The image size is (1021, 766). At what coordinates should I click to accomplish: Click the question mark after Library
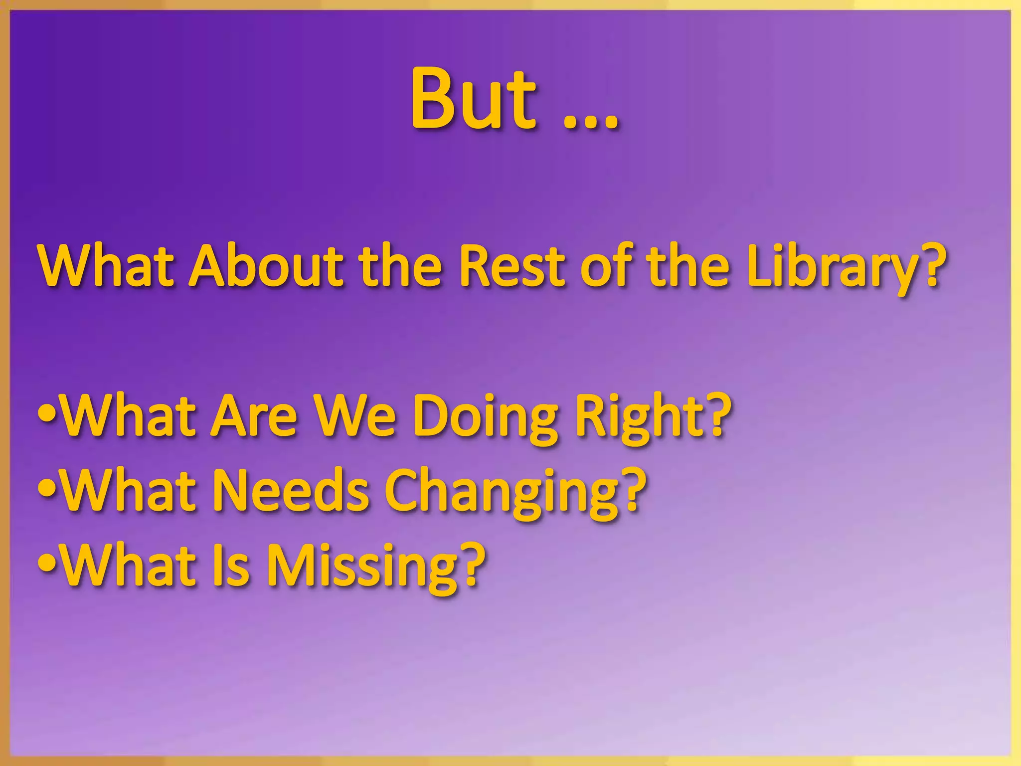930,264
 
